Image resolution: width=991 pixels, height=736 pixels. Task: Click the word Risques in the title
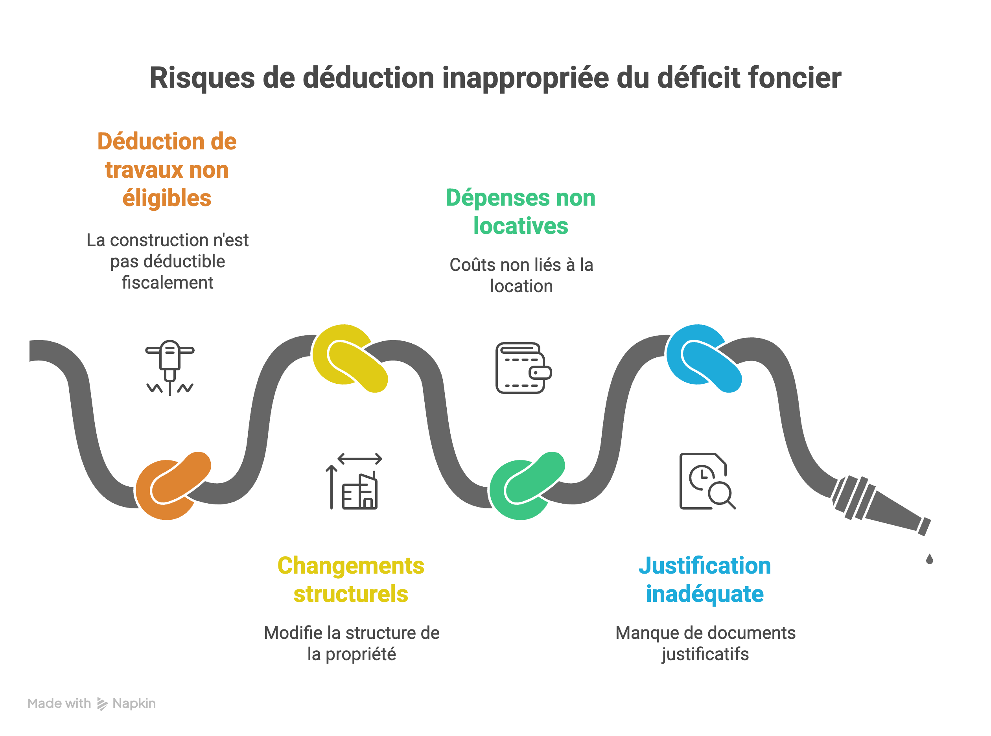(202, 78)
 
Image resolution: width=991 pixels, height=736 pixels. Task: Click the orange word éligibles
(167, 198)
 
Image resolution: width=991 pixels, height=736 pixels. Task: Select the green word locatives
(520, 226)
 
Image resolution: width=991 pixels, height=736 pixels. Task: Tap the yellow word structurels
(351, 594)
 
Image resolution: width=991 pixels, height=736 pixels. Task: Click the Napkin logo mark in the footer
(102, 704)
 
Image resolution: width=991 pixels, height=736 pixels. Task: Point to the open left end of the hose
(30, 351)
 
